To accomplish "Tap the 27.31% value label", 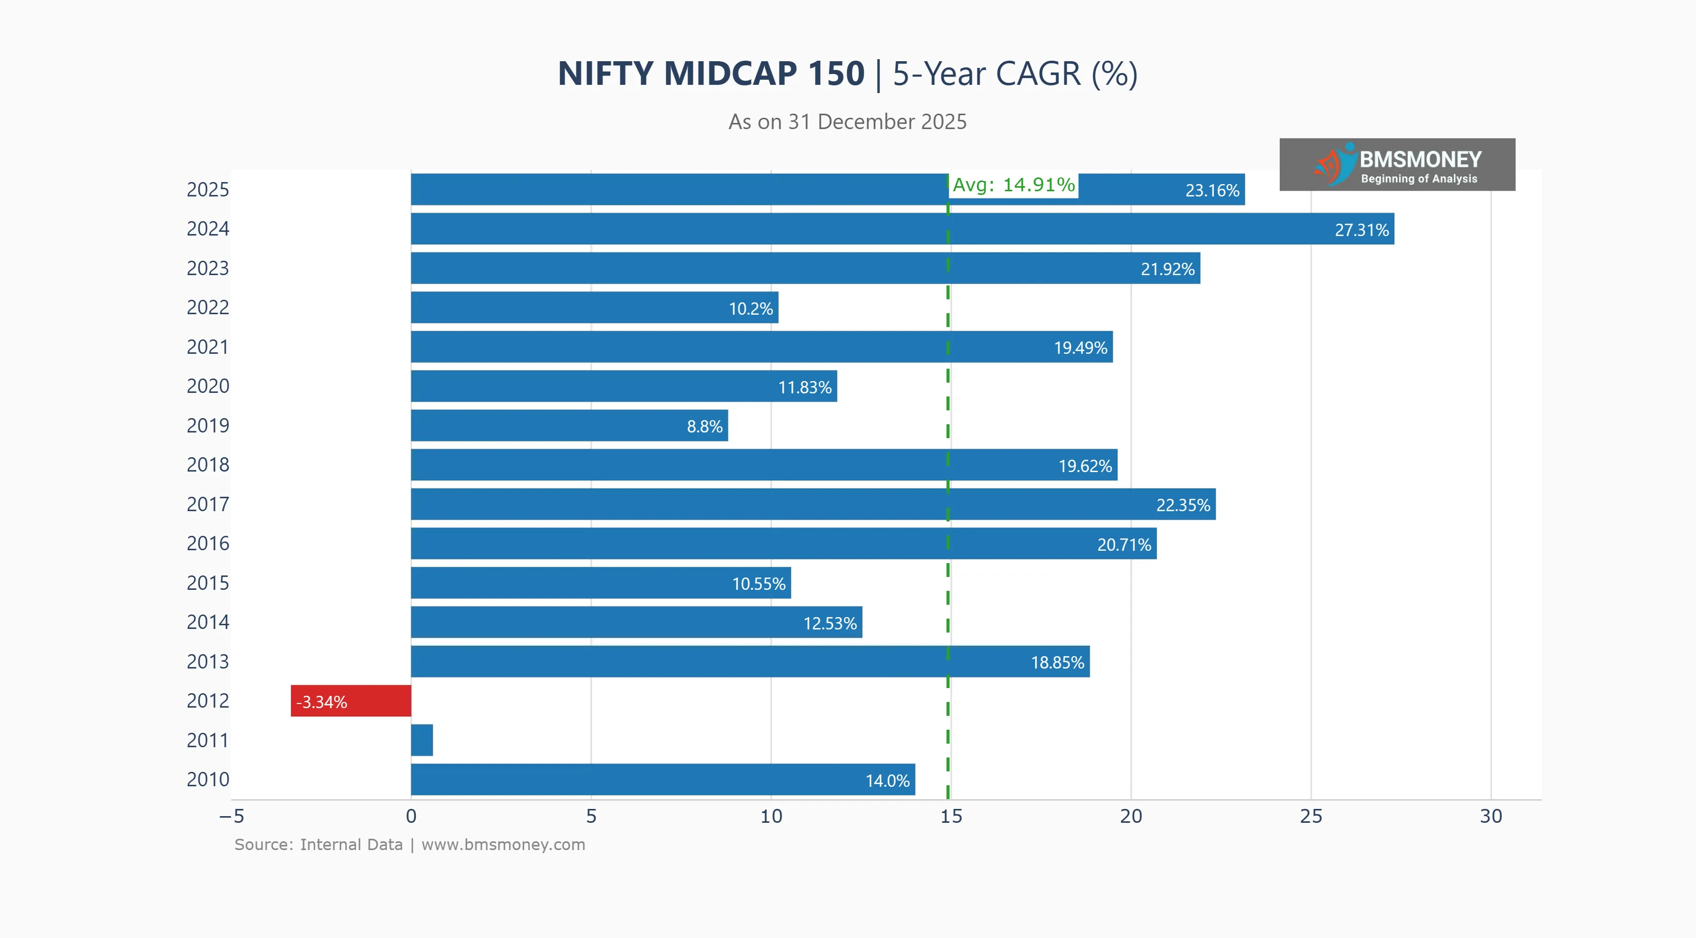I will tap(1361, 230).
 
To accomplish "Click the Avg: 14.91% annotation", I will tap(1013, 185).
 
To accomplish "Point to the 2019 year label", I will tap(208, 425).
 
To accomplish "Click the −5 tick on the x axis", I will tap(232, 817).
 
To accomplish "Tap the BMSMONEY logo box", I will tap(1396, 165).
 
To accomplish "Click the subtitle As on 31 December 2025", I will tap(847, 122).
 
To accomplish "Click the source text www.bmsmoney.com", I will tap(503, 844).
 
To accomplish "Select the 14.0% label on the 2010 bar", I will tap(887, 781).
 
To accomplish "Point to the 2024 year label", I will tap(208, 228).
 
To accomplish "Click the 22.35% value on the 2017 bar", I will tap(1183, 505).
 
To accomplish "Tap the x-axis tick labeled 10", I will tap(771, 817).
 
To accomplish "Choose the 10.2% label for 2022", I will tap(750, 309).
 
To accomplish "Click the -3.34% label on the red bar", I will tap(321, 702).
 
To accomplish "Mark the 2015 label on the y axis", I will tap(208, 583).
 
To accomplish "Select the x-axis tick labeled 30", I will tap(1490, 817).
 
